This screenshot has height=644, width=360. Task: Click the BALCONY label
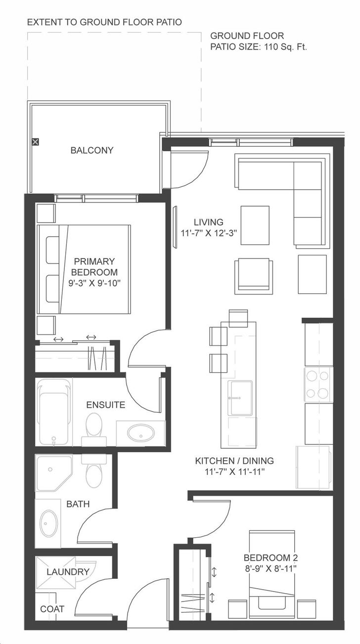point(91,150)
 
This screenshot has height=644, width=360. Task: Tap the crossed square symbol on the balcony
point(35,142)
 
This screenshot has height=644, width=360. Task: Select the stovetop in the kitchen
point(318,385)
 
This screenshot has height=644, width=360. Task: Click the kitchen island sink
point(240,398)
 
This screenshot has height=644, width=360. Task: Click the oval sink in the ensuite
point(140,433)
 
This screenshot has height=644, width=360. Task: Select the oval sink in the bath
point(48,523)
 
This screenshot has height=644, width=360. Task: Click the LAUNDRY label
point(68,572)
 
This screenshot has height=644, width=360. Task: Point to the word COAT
point(52,609)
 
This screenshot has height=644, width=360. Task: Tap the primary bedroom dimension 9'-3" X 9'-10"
point(94,283)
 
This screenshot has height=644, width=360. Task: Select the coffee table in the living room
point(255,225)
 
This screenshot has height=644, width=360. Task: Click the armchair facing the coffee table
point(253,275)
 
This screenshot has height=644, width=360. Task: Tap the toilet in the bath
point(93,470)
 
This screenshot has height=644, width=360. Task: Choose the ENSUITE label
point(105,405)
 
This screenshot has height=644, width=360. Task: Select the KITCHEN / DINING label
point(234,461)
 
